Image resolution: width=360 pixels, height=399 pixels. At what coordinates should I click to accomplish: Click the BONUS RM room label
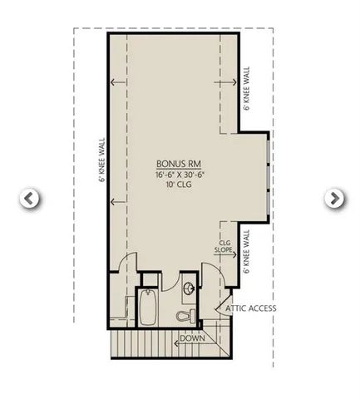176,164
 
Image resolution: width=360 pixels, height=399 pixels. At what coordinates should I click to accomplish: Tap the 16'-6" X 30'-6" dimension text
176,175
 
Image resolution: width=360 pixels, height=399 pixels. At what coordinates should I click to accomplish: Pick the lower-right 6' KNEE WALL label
246,252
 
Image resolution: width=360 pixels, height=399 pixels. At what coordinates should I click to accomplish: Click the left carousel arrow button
29,199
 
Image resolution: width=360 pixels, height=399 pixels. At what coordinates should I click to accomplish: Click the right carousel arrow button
333,199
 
